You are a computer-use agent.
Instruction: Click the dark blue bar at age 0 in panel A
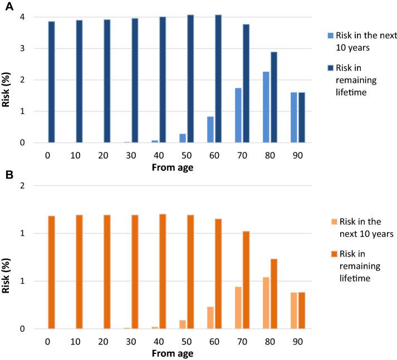(x=51, y=82)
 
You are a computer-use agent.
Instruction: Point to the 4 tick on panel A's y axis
(x=22, y=17)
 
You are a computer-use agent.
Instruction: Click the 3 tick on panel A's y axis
(x=22, y=48)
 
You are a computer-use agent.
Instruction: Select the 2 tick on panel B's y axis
(x=22, y=185)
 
